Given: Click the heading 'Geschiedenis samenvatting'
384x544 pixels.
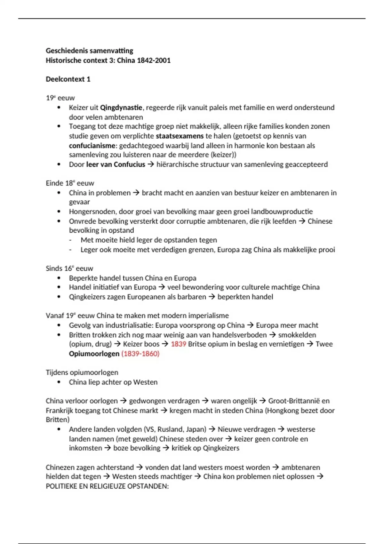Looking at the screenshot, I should click(x=89, y=51).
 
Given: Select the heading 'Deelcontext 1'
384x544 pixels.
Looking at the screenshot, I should click(x=68, y=79).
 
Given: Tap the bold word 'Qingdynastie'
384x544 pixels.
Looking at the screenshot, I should click(x=121, y=108).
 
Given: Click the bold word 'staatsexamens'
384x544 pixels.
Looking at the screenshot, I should click(x=180, y=136).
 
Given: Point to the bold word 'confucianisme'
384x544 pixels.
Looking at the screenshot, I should click(x=92, y=146).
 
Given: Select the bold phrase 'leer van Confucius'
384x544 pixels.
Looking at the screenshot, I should click(x=116, y=164).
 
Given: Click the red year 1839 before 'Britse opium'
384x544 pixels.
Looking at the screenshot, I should click(x=178, y=344).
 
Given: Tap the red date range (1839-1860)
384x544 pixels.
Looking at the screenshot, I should click(x=140, y=354).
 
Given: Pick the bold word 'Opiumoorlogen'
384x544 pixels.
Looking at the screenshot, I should click(x=94, y=354).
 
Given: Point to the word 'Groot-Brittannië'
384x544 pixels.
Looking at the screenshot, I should click(x=294, y=401).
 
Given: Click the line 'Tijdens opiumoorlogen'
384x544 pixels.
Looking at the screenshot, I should click(x=82, y=372).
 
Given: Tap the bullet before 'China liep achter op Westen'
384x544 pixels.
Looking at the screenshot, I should click(x=59, y=382).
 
